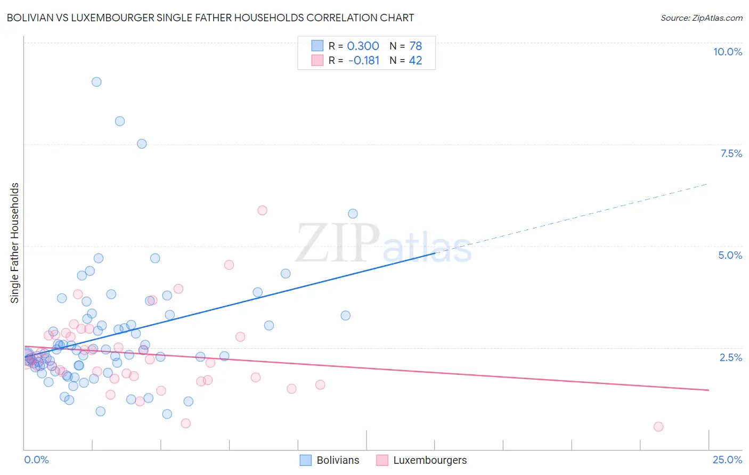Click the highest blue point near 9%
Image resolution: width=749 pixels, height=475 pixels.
[96, 82]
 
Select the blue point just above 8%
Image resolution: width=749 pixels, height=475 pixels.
[120, 121]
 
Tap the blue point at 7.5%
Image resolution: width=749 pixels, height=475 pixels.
[142, 144]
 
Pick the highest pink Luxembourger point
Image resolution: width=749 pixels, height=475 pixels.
[262, 210]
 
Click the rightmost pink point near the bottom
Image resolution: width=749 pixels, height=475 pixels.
[658, 427]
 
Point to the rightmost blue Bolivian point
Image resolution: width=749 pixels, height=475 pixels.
[353, 214]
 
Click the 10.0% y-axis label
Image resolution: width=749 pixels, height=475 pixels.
[728, 52]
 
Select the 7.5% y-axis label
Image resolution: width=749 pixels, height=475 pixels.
[731, 153]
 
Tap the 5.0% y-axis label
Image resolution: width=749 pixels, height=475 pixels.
[730, 255]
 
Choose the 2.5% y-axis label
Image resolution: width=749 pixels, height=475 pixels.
[730, 357]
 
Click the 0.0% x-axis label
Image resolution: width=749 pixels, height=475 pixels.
[36, 460]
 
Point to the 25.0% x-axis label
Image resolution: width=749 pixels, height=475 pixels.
[727, 460]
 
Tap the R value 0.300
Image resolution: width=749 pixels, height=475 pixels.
[363, 46]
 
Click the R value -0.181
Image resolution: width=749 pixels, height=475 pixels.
[364, 61]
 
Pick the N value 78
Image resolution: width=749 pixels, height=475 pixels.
[416, 46]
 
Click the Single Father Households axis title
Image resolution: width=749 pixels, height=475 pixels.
[15, 243]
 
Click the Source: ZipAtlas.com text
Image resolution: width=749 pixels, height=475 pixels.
[701, 18]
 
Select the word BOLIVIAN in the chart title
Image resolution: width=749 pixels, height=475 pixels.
[30, 18]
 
